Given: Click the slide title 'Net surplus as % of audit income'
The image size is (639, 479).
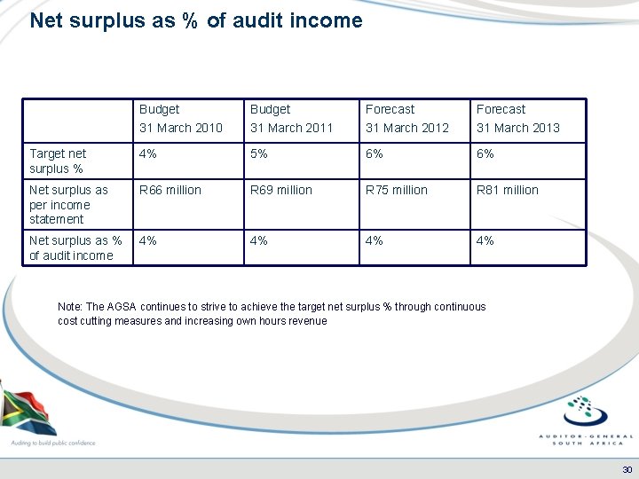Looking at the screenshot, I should [x=196, y=20].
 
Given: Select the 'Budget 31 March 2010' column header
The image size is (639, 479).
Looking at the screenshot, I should [x=180, y=118].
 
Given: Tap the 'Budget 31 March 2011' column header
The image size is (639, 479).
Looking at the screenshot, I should [x=291, y=118].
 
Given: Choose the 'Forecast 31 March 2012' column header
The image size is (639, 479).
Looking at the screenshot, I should [x=407, y=118].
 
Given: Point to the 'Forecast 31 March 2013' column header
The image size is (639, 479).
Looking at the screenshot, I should [x=517, y=118].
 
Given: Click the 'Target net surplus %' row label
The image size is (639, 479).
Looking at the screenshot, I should [x=58, y=161].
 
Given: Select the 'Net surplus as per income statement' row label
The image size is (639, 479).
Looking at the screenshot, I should [x=68, y=204].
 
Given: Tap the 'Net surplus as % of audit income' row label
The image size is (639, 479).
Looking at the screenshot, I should [x=75, y=247].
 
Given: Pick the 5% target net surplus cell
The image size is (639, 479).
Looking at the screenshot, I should [x=260, y=153].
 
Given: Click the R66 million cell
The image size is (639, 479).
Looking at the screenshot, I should [x=170, y=190].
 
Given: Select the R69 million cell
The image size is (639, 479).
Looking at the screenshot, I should [x=281, y=190].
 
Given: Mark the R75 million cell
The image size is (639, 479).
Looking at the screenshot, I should [x=397, y=190].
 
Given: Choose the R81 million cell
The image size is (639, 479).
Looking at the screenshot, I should [x=508, y=190].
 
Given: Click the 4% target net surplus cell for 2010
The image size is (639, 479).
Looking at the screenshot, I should [x=149, y=153].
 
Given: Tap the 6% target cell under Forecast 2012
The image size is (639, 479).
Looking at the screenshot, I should [x=375, y=153].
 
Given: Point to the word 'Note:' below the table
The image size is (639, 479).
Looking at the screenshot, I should [x=70, y=307].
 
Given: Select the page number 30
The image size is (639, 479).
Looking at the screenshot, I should [x=627, y=469].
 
